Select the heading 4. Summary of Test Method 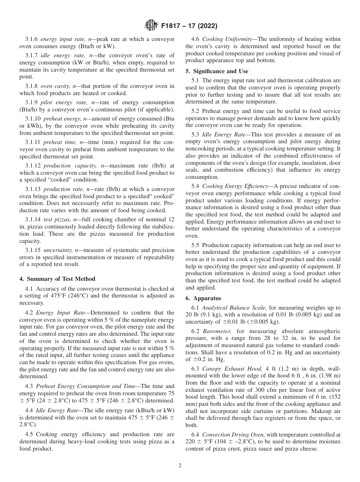click(57, 279)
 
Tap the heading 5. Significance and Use click(217, 71)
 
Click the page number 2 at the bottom click(180, 465)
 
